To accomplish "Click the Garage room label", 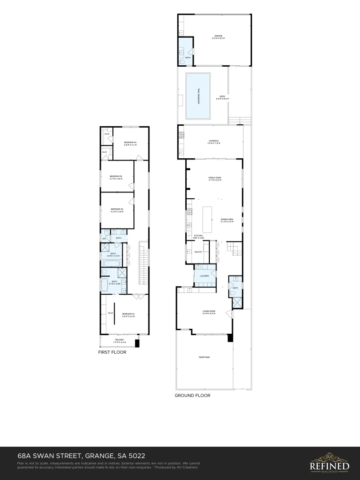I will tap(218, 37).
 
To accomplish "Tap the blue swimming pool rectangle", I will tap(198, 96).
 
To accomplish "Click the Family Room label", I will tap(215, 179).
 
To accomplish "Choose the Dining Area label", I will tap(227, 220).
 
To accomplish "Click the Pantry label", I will tap(198, 252).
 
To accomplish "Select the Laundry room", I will tap(204, 276).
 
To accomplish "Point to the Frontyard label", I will tap(204, 357).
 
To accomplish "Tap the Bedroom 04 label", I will tap(130, 143).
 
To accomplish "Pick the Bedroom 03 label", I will tap(116, 177).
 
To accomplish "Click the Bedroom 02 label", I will tap(116, 210).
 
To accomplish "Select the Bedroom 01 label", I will tap(128, 315).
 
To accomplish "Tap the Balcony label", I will tap(119, 341).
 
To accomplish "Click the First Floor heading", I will tap(112, 352).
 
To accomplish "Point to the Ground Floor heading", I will tap(192, 395).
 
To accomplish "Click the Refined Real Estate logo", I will tap(329, 461).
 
